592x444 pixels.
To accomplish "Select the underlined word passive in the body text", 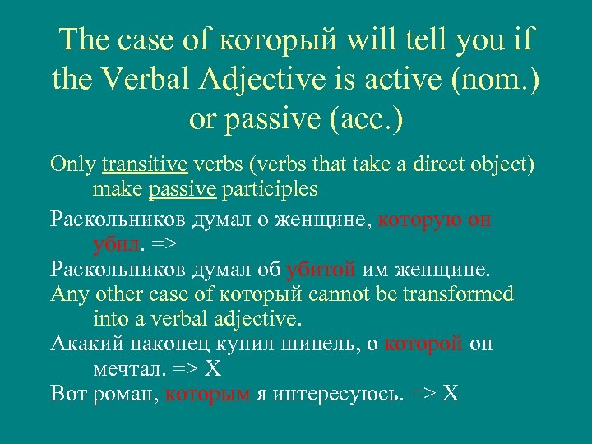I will coord(183,190).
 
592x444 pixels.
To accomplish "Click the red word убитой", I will coord(321,269).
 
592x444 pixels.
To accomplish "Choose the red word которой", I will coord(424,344).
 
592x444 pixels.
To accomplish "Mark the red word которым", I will coord(207,393).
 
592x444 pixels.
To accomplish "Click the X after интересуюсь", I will coord(449,393).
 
